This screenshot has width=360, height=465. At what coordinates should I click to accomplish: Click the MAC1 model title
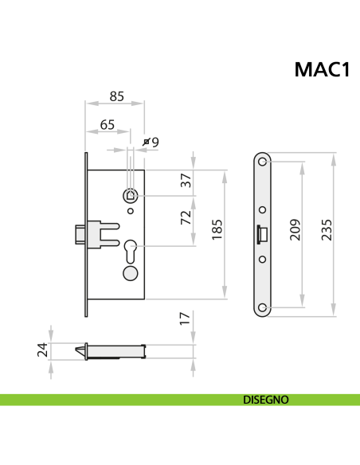323,70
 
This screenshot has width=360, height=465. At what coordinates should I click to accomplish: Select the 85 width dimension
116,96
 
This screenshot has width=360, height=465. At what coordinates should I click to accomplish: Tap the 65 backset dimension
107,125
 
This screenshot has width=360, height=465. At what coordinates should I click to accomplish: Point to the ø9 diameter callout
151,142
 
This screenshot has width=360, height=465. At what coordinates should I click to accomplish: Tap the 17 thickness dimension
186,318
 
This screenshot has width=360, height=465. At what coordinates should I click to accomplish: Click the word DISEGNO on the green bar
266,400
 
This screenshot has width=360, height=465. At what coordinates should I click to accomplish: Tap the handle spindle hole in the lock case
131,194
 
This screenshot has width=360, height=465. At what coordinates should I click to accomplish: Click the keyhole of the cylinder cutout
131,249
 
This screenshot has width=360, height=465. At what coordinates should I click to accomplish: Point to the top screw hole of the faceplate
264,163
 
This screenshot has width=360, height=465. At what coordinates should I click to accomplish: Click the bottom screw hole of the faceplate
264,306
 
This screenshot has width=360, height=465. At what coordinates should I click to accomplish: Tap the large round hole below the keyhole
130,273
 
